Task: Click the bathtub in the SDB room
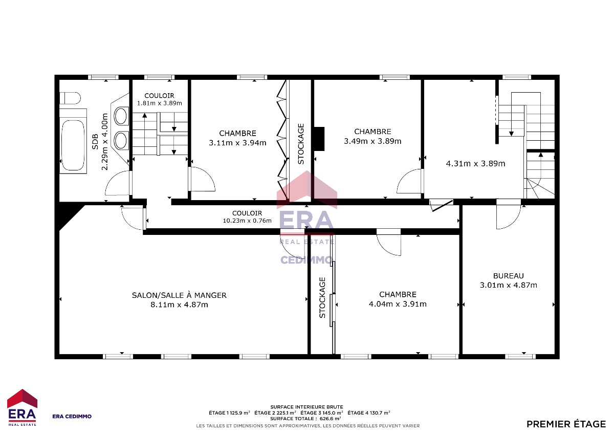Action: tap(73, 145)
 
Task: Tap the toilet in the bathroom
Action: tap(70, 98)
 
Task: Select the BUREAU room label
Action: tap(509, 276)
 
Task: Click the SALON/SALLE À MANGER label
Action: tap(179, 295)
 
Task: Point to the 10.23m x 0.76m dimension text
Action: tap(247, 221)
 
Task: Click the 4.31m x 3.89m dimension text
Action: tap(475, 164)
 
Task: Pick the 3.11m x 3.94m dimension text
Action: tap(237, 143)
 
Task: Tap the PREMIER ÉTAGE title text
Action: tap(566, 424)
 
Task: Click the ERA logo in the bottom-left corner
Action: tap(22, 407)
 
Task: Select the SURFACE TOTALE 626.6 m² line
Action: tap(305, 419)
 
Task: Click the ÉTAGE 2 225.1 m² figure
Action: tap(275, 413)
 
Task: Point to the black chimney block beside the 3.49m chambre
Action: tap(319, 139)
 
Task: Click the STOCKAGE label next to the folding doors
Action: tap(301, 144)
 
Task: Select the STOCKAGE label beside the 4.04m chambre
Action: tap(322, 297)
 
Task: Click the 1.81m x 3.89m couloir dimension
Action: tap(159, 103)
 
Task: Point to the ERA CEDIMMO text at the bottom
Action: tap(72, 417)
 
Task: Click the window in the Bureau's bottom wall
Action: tap(520, 356)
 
